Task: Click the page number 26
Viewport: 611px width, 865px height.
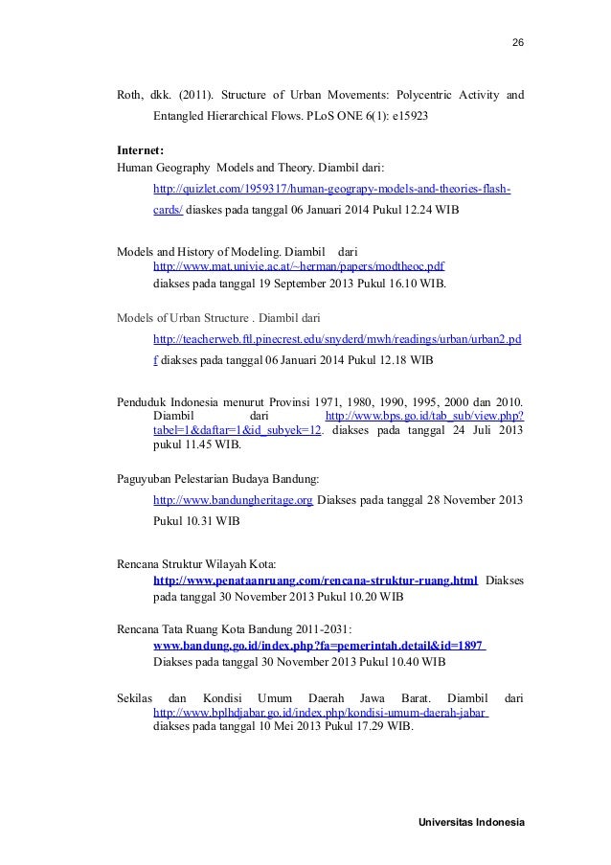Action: tap(518, 44)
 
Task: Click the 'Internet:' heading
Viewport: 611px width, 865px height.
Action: tap(140, 150)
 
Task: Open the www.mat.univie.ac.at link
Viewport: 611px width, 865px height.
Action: tap(298, 266)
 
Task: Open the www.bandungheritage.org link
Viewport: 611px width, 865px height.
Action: tap(233, 500)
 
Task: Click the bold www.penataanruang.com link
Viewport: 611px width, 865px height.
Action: tap(316, 580)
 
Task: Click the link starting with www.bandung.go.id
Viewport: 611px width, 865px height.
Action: tap(318, 646)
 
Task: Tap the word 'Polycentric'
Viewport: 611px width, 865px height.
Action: tap(417, 96)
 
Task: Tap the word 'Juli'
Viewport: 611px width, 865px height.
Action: tap(482, 431)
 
